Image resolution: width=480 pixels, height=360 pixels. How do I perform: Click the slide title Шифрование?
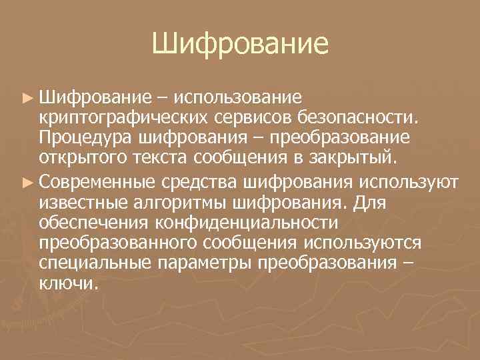(x=240, y=45)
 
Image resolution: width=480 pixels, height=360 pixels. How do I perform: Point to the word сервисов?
(x=257, y=117)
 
